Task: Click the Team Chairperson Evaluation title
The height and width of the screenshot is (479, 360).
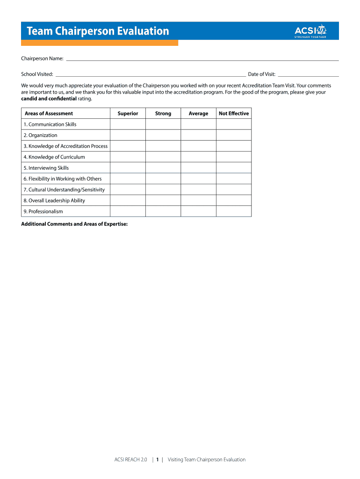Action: (x=98, y=31)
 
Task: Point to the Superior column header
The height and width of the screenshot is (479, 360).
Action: (x=128, y=113)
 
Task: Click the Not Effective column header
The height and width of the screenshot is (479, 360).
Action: (x=234, y=113)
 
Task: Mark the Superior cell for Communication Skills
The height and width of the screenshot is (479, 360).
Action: (x=128, y=124)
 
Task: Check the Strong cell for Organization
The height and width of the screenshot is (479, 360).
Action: (x=163, y=135)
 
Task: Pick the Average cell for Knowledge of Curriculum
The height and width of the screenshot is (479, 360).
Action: (x=198, y=157)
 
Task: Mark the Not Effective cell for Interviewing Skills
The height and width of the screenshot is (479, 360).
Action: (x=234, y=168)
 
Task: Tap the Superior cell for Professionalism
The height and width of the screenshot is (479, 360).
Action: (x=128, y=211)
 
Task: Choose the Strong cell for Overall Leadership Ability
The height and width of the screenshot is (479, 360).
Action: (x=163, y=201)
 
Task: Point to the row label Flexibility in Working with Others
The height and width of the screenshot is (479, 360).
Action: (x=63, y=179)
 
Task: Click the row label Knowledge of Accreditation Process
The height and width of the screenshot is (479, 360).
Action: (x=65, y=146)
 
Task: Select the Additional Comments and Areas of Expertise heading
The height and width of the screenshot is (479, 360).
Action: (x=74, y=224)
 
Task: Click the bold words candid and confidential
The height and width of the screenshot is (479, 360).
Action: (x=49, y=99)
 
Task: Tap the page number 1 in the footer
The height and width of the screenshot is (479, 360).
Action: (x=158, y=459)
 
